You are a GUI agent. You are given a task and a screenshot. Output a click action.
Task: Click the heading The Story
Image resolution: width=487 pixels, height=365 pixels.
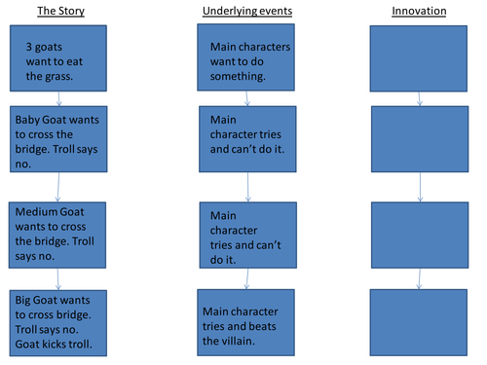(x=60, y=12)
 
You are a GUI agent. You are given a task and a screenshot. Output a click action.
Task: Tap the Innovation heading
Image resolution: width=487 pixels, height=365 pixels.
(x=419, y=12)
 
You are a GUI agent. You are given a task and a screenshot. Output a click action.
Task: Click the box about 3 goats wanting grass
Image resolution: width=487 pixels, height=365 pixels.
(x=59, y=59)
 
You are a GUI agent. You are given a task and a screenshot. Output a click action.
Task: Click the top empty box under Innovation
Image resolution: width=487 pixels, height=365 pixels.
(x=419, y=59)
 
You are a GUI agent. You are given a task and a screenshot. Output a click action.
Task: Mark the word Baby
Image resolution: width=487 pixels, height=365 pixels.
(x=28, y=121)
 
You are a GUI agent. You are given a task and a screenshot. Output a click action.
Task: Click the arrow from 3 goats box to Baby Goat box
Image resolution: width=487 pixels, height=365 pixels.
(x=60, y=98)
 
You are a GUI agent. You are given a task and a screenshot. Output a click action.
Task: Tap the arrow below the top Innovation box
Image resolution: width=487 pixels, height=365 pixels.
(x=419, y=98)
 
